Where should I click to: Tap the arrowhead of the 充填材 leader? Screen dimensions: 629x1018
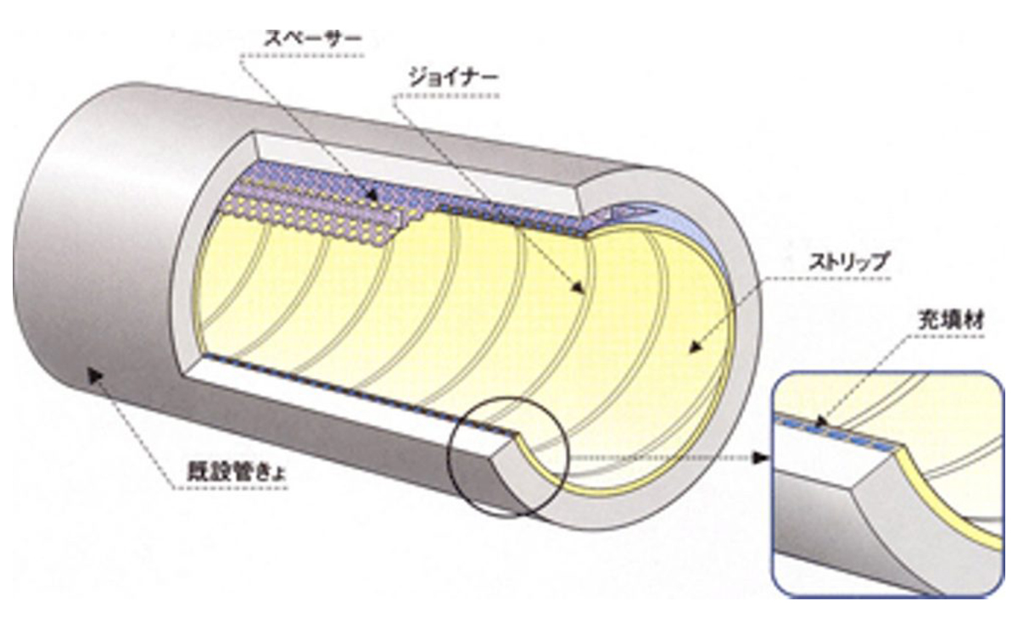click(821, 419)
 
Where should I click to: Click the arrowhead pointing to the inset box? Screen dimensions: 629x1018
click(761, 458)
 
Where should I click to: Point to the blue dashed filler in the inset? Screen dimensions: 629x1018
click(840, 431)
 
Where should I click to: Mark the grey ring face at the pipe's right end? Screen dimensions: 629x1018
click(730, 407)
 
